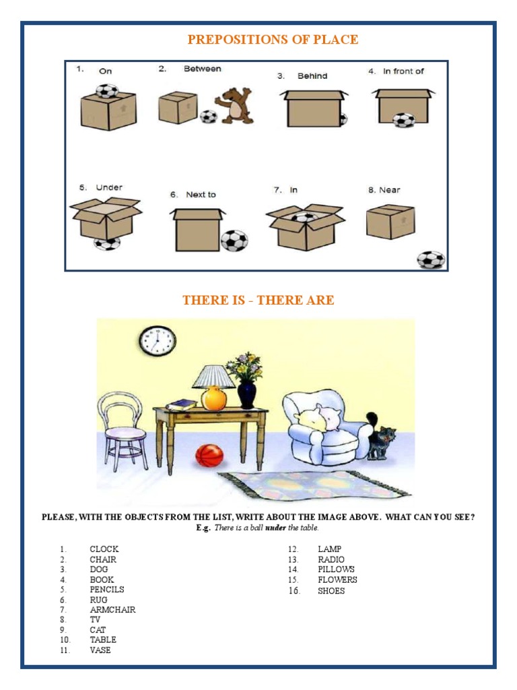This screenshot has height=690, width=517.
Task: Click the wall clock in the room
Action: pos(158,341)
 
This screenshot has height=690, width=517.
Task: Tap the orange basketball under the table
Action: pos(209,456)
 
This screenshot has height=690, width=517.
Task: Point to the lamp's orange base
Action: pos(214,398)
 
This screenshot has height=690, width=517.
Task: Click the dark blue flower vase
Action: pos(246,394)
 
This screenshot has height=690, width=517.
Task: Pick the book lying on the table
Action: pos(181,404)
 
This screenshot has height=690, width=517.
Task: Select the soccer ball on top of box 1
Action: pos(106,91)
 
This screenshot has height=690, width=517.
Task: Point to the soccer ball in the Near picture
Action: pos(431,259)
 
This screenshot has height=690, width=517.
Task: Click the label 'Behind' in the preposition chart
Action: pos(312,76)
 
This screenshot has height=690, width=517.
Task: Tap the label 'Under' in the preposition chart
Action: pos(109,187)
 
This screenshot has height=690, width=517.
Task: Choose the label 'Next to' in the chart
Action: pos(201,195)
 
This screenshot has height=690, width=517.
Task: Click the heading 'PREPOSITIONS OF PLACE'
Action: pos(273,40)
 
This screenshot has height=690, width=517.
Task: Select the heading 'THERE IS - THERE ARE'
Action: pos(258,301)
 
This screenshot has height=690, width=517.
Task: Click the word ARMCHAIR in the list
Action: pos(112,610)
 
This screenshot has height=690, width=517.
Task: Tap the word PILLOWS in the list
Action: pos(336,569)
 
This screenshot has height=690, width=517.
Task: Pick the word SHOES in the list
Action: pos(331,591)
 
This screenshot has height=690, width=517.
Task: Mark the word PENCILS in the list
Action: pos(107,590)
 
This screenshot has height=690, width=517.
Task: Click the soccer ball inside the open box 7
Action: pos(304,217)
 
